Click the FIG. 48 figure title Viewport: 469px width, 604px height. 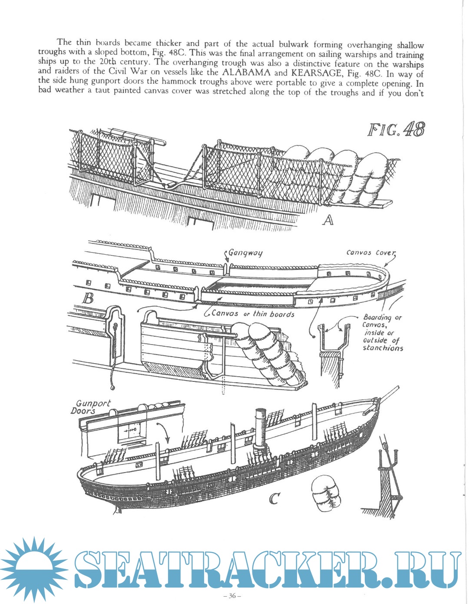396,130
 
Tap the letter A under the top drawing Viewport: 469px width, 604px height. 328,220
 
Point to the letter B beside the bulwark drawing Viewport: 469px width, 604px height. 88,299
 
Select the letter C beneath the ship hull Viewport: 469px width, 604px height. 274,499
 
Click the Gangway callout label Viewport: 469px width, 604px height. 245,253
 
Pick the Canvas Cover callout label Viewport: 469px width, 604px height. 370,252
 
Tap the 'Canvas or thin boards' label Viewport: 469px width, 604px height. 253,314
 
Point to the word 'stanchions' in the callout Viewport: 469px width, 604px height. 383,348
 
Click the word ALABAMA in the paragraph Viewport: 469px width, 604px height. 247,72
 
